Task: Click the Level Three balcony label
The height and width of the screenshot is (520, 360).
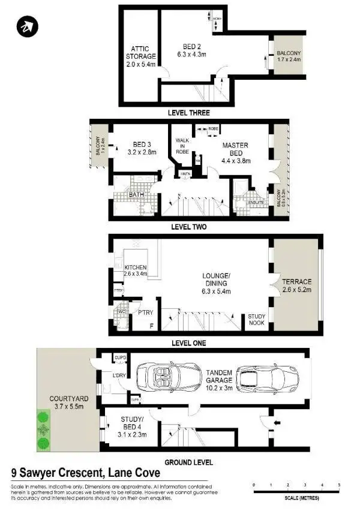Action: [290, 56]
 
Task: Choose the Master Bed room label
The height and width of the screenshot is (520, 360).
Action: [235, 153]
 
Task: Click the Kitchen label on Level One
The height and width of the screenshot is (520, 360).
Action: [136, 270]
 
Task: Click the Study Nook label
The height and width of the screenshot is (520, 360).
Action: [257, 319]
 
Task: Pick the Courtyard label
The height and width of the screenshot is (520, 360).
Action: [61, 402]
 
